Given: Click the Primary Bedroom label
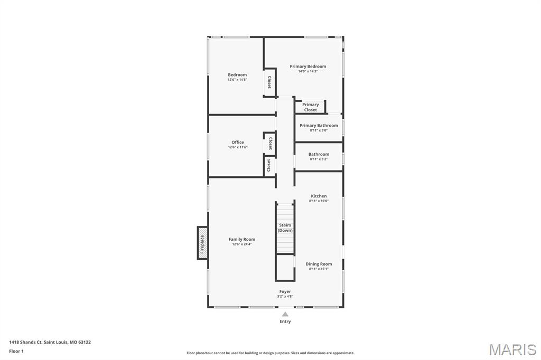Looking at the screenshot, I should [307, 67].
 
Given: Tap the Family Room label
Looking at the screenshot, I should [241, 239].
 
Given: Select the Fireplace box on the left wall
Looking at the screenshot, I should [202, 243].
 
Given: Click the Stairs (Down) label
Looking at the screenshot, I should [285, 228].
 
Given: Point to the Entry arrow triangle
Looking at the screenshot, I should [285, 314].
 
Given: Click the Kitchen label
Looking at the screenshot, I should [319, 196].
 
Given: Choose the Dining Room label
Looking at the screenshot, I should [319, 264].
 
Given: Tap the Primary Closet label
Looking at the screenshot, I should [311, 107].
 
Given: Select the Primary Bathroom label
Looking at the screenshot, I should [319, 126].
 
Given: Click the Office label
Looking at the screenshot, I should [238, 142].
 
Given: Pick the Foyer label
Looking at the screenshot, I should [285, 291].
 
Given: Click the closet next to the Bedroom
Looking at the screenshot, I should [269, 82].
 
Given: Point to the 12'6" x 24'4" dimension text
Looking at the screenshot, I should [241, 244].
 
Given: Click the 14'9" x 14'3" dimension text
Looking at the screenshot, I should [307, 71].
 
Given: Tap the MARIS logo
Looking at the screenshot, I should [512, 349].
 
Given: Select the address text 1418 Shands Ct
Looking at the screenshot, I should [50, 342].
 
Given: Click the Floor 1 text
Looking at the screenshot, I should [16, 351].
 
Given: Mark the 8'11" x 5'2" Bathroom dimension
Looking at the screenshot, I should [319, 159].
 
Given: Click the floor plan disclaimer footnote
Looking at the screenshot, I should [270, 353].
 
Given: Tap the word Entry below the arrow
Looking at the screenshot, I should [285, 321].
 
